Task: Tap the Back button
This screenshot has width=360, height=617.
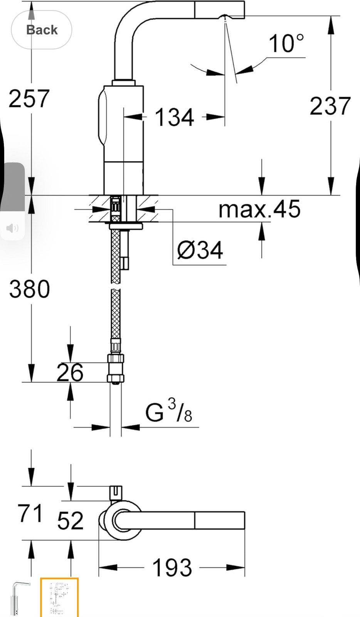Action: point(42,30)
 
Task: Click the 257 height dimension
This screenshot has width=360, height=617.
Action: point(29,98)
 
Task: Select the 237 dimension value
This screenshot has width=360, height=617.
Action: point(330,106)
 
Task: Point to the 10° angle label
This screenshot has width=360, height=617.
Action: point(286,44)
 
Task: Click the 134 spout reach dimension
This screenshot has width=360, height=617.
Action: point(175,117)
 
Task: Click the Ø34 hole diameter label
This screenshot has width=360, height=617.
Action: point(200,250)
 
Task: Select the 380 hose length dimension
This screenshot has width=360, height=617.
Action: point(29,289)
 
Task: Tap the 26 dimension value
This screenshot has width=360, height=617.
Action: point(70,373)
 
